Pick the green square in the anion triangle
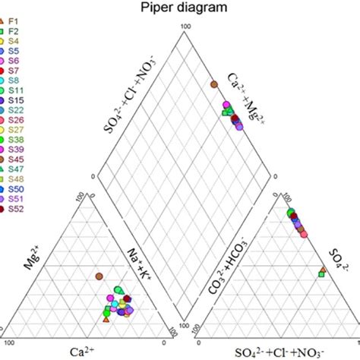321,273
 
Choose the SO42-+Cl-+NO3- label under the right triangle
278,352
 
